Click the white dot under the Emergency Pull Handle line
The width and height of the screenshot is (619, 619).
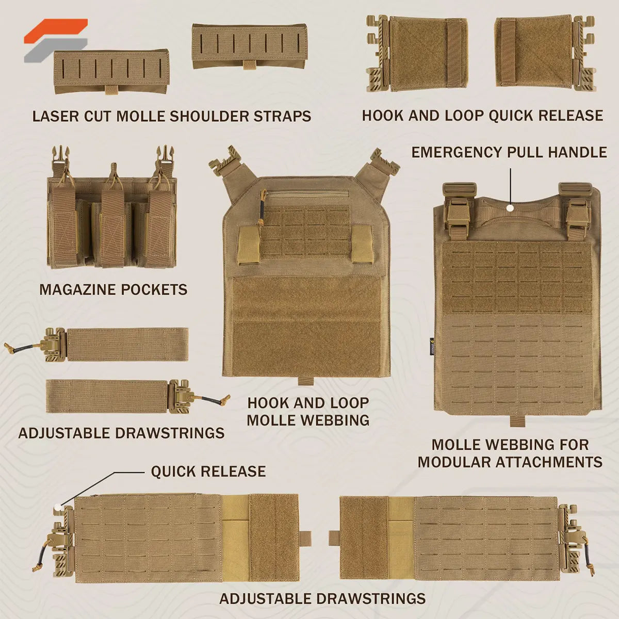[x=510, y=208]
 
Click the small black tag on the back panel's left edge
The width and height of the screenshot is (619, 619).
[x=433, y=343]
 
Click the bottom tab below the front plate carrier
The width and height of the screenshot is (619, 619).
[x=305, y=381]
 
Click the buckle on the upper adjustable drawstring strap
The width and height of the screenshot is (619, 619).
[x=56, y=344]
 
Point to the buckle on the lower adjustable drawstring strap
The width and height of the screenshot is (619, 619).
[x=181, y=396]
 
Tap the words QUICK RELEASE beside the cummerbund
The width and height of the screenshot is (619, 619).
[x=208, y=471]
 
